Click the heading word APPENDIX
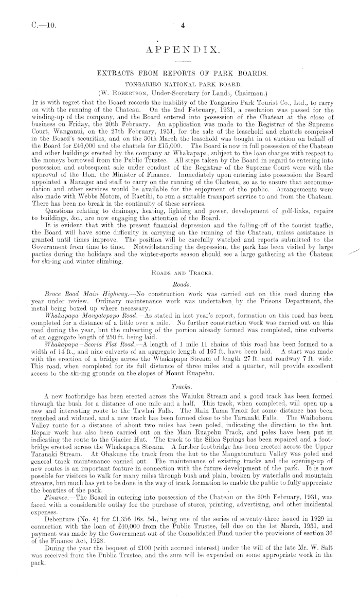pyautogui.click(x=183, y=50)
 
